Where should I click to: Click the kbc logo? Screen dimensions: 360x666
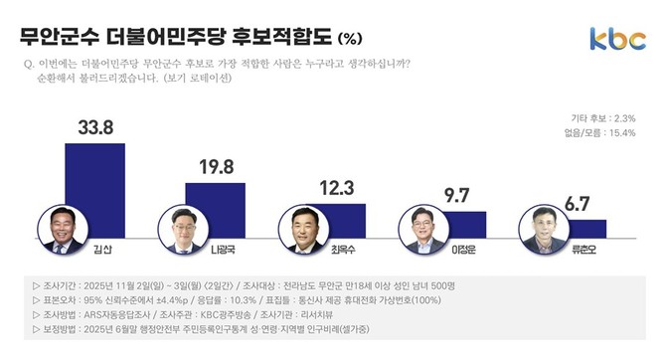point(616,37)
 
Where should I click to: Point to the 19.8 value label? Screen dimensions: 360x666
point(215,166)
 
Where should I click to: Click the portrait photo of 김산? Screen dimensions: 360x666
point(62,230)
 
